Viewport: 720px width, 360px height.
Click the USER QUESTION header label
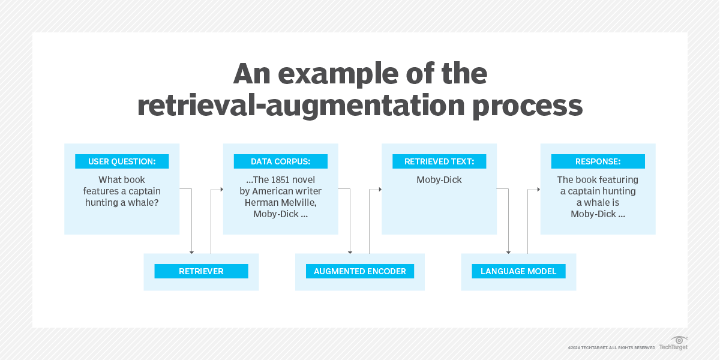[122, 161]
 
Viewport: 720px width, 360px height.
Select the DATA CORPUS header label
[280, 161]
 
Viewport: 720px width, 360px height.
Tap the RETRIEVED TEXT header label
[439, 161]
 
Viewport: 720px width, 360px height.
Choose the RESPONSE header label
[598, 161]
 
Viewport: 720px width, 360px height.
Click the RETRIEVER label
[201, 271]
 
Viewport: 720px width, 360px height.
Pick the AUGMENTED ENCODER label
[359, 271]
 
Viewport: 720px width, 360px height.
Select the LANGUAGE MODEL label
[518, 271]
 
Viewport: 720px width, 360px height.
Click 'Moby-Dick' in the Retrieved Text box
[439, 180]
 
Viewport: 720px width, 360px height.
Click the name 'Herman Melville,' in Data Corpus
[280, 203]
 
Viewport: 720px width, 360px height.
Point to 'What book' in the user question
[122, 180]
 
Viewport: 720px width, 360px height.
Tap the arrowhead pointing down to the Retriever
[191, 251]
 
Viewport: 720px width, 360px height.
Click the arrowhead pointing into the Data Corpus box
[220, 189]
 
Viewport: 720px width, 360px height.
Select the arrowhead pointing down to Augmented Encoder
[350, 251]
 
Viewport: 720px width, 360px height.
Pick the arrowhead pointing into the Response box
[538, 189]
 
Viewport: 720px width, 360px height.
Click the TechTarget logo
[673, 344]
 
